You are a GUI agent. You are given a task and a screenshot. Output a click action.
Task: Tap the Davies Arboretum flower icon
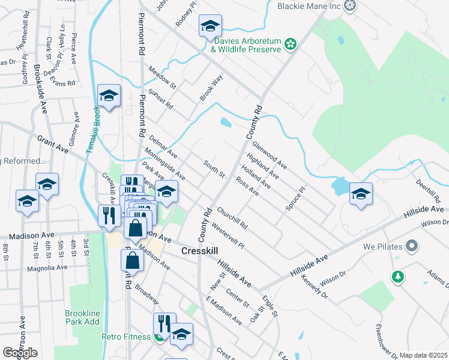(291, 44)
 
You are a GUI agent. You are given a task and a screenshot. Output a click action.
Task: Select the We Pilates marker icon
(412, 246)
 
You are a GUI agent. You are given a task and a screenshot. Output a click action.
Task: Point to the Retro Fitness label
(125, 337)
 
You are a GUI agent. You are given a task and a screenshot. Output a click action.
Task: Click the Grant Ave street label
(53, 145)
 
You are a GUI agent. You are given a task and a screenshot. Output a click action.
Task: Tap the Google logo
(20, 353)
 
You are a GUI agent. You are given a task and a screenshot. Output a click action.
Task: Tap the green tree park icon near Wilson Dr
(397, 277)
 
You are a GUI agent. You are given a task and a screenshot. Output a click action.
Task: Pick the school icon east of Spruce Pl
(361, 194)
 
